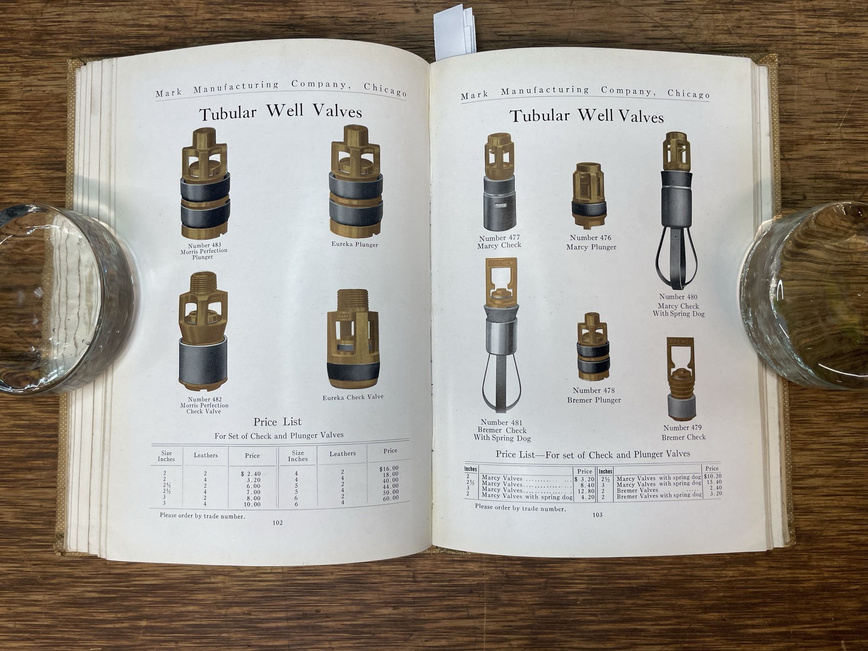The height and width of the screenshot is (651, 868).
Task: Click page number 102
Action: (x=278, y=523)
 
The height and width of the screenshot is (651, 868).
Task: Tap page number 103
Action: (x=598, y=515)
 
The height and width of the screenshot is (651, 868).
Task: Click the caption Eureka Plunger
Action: (x=355, y=244)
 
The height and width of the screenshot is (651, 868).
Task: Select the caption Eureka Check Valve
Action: (x=353, y=397)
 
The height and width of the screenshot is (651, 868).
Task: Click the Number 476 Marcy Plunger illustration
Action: (x=589, y=196)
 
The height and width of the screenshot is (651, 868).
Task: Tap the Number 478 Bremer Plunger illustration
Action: (x=593, y=347)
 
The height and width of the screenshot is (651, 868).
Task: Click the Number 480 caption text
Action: (x=678, y=297)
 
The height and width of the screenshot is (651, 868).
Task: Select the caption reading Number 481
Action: (x=501, y=422)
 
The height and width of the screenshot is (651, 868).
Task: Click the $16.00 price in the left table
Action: (x=389, y=468)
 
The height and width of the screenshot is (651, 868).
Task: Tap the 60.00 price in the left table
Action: (x=390, y=498)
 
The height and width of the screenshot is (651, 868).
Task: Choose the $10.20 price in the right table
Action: (x=713, y=476)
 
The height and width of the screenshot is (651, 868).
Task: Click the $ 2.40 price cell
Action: (x=251, y=474)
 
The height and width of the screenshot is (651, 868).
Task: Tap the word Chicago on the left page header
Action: (x=385, y=89)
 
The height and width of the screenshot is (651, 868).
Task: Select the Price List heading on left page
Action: (x=277, y=422)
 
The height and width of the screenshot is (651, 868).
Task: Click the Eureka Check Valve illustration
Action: (x=353, y=339)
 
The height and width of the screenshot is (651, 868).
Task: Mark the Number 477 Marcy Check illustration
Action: (x=499, y=182)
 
